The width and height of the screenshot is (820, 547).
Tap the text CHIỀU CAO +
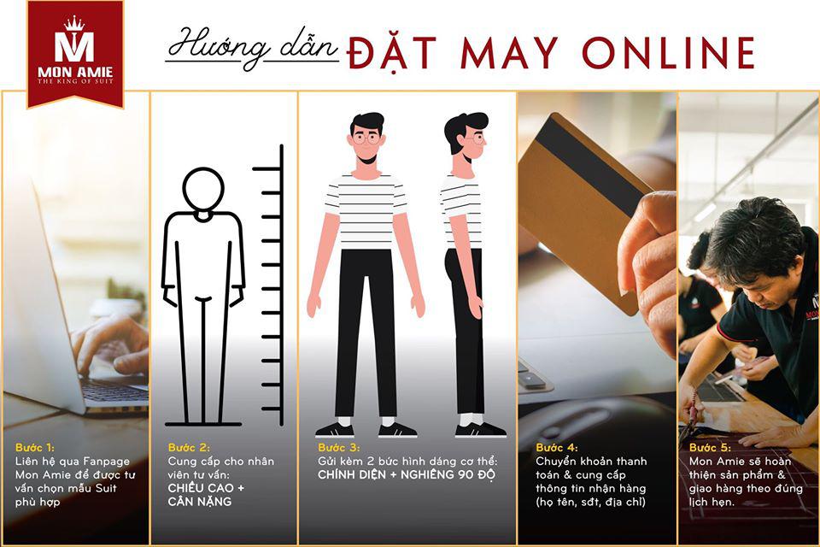(206, 488)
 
